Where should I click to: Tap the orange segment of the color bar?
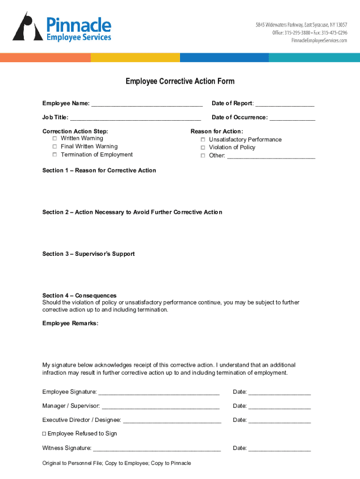(45, 58)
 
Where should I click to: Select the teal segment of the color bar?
(314, 58)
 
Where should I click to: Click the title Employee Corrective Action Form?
(180, 81)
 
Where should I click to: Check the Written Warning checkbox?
(55, 138)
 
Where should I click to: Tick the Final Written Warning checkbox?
(55, 146)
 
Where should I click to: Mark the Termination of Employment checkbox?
(55, 154)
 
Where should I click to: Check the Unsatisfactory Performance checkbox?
(203, 140)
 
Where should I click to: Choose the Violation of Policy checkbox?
(203, 147)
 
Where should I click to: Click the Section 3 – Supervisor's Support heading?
(88, 254)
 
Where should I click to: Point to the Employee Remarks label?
(70, 323)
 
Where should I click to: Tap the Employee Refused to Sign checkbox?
(44, 434)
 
